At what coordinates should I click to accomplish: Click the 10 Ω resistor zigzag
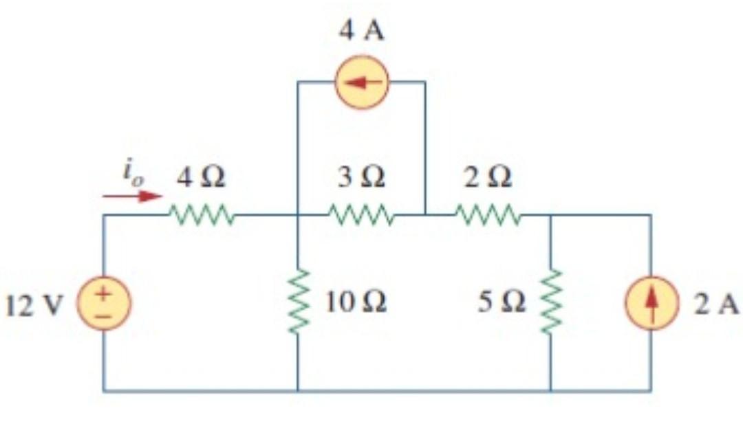click(297, 302)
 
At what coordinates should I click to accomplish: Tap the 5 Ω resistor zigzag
click(550, 303)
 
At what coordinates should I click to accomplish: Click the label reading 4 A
click(362, 33)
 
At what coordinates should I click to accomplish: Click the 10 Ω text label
click(356, 302)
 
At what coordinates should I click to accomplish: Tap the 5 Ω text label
click(505, 302)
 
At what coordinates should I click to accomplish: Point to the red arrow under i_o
click(131, 197)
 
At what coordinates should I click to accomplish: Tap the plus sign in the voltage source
click(104, 293)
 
